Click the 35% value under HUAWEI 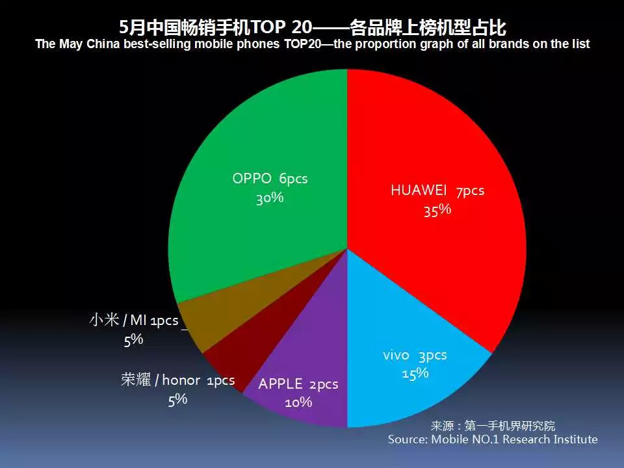click(437, 210)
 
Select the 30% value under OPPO click(270, 198)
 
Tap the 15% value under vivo click(415, 373)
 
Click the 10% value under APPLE click(298, 402)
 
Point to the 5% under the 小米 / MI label click(133, 340)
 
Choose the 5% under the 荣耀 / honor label click(177, 400)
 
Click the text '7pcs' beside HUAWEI click(471, 191)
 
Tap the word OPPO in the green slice click(252, 178)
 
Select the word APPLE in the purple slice click(280, 384)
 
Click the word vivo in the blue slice click(396, 355)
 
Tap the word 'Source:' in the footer click(408, 439)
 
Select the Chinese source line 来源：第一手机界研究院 click(493, 426)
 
